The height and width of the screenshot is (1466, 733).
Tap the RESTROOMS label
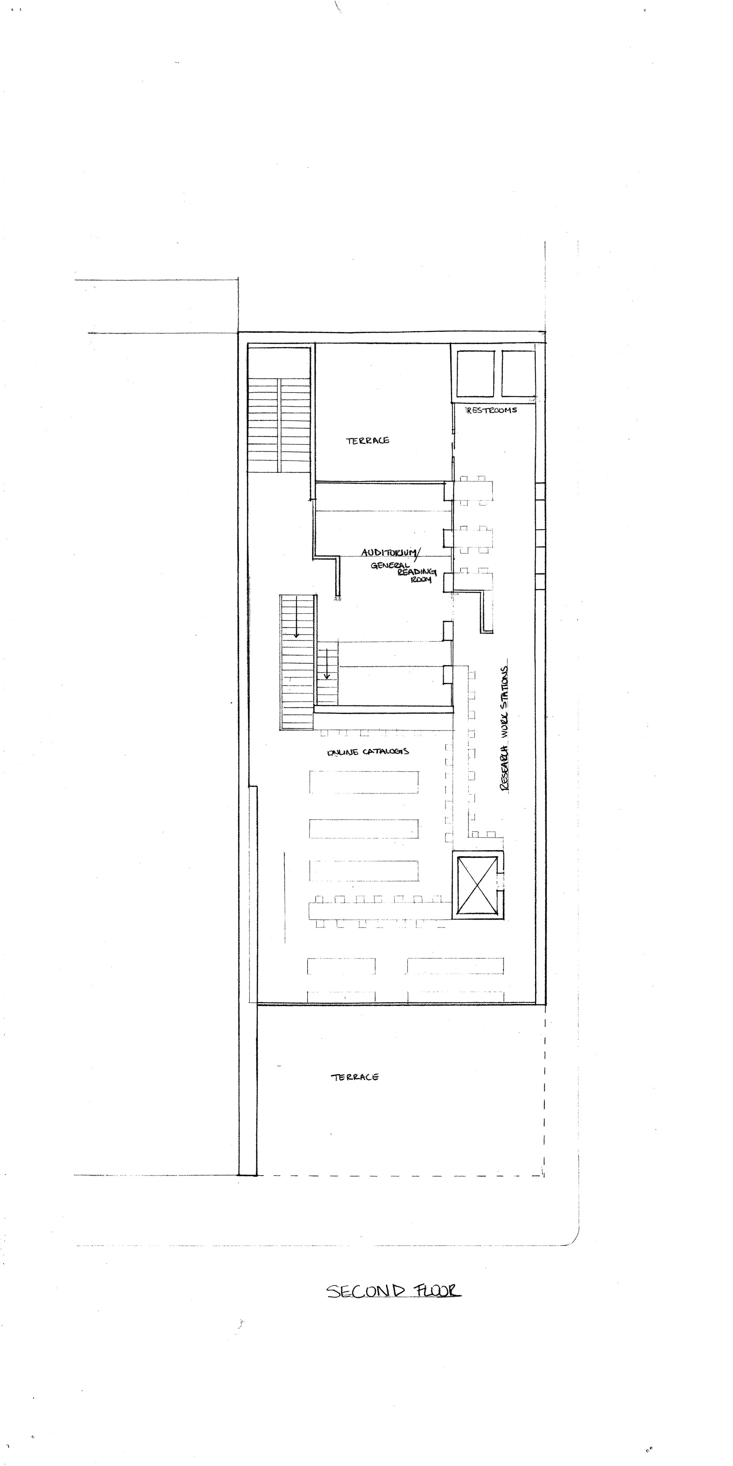point(491,410)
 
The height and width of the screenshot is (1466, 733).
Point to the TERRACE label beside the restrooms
point(367,440)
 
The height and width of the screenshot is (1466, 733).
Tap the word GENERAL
point(390,566)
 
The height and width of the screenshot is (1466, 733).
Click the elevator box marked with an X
point(477,885)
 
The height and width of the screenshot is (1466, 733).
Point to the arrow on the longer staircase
point(296,625)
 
